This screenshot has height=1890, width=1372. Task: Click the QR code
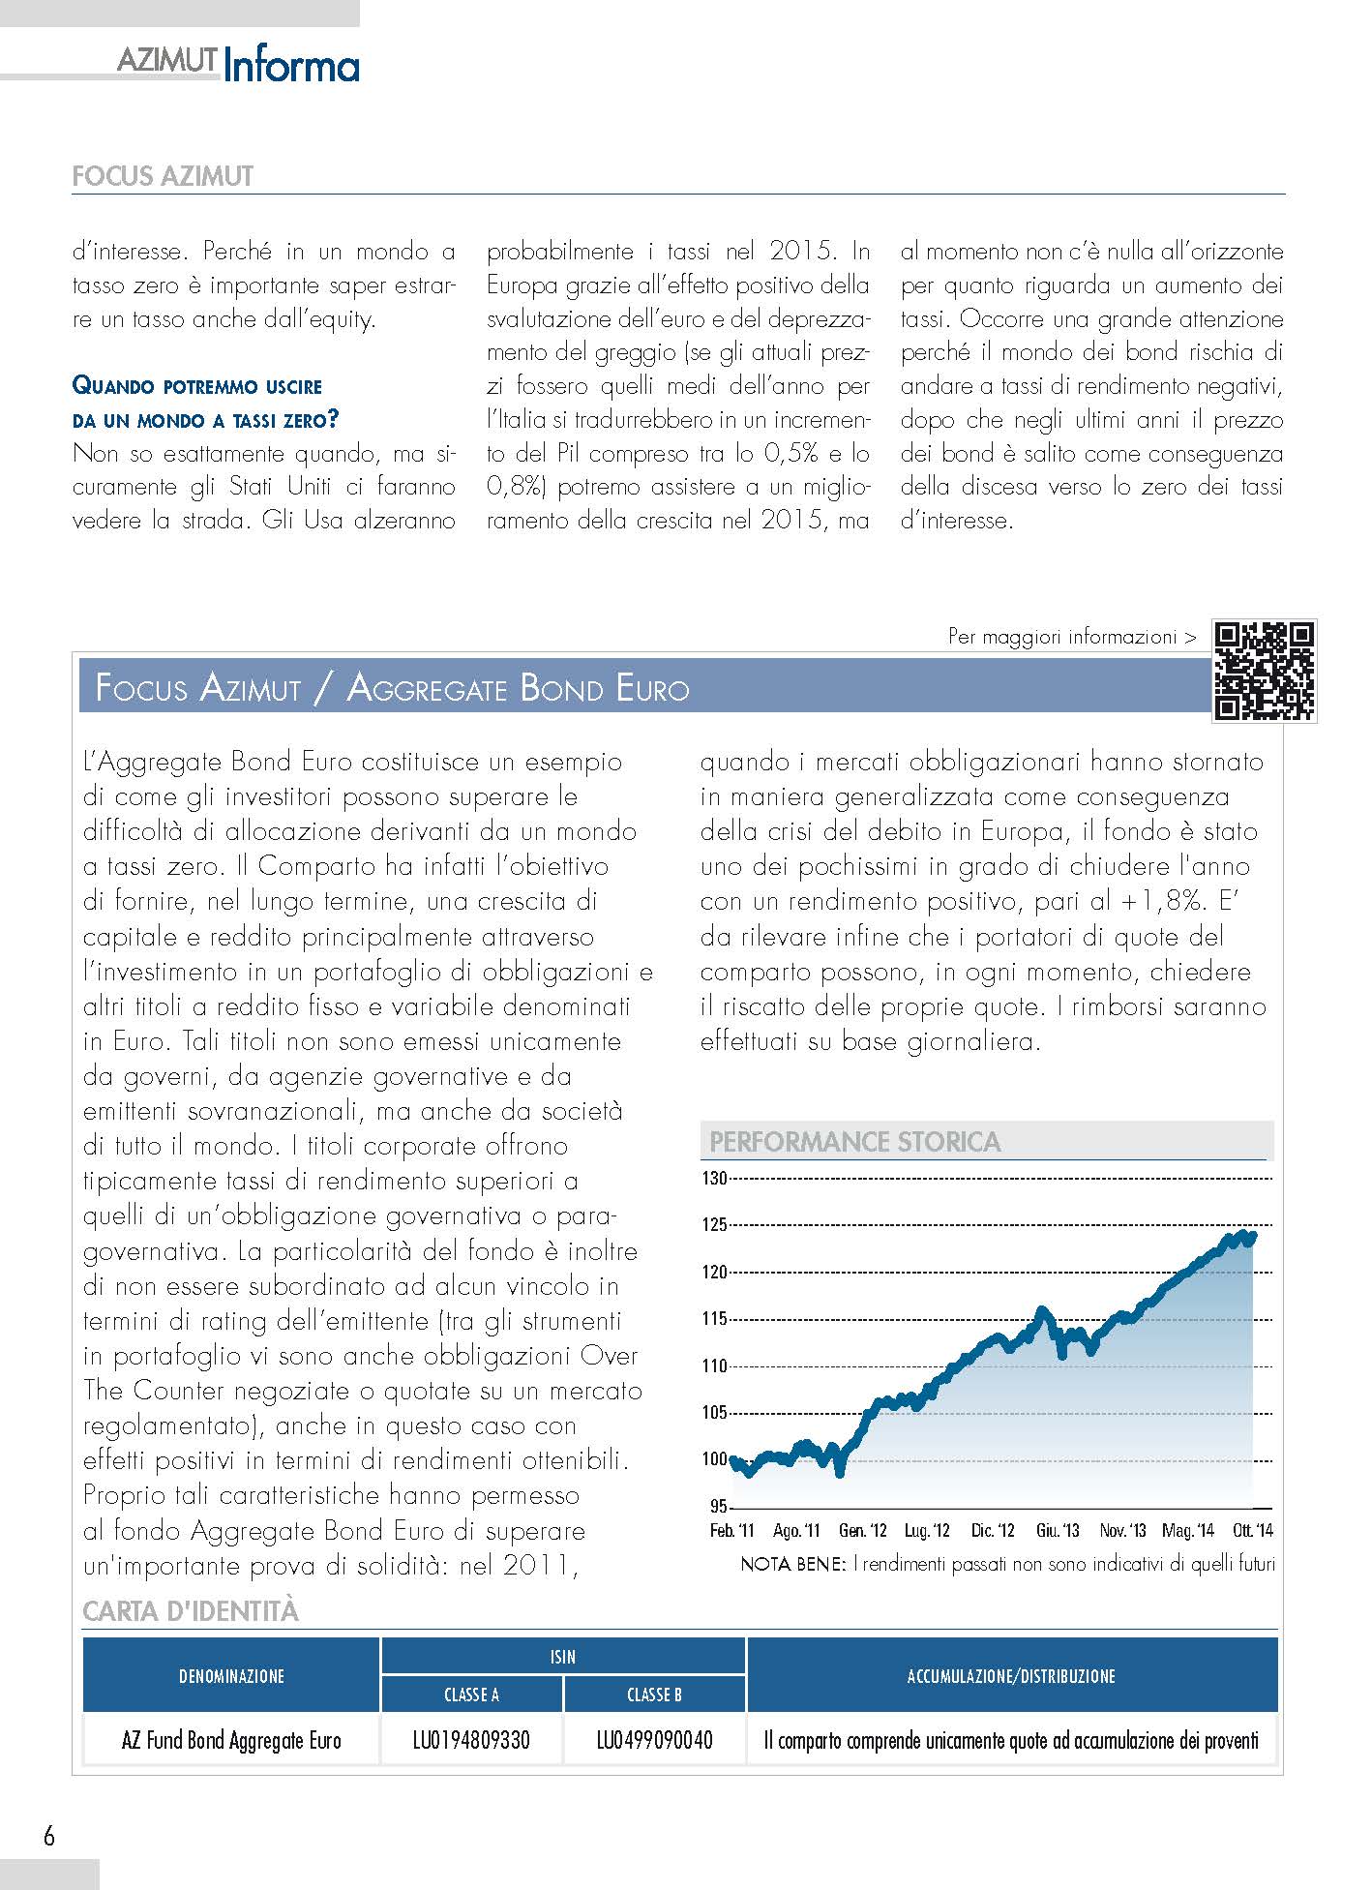1265,671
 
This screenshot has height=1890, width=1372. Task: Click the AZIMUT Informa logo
238,65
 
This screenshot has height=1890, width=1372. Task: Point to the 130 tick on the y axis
714,1178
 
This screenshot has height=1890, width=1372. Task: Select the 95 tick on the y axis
718,1507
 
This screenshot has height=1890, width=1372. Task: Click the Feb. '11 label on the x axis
731,1530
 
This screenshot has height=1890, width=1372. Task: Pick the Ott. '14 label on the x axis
1252,1530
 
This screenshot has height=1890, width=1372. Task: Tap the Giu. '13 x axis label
1058,1530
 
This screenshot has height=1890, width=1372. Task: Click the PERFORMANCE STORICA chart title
854,1142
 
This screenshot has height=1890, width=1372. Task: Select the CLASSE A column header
471,1695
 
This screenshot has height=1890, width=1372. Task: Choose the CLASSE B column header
654,1695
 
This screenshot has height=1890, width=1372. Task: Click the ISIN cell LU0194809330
471,1741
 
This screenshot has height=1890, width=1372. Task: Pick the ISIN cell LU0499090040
654,1741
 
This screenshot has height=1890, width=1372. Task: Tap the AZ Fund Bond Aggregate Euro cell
231,1741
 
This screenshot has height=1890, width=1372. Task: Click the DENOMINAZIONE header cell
231,1676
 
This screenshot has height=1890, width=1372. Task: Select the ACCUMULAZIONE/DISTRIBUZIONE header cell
1011,1676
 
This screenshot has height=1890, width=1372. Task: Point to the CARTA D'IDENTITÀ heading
191,1611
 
